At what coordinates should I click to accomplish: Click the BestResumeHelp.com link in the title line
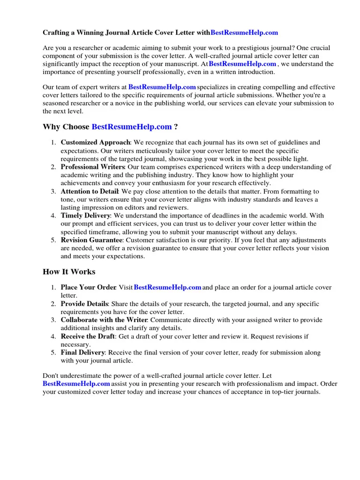(x=244, y=33)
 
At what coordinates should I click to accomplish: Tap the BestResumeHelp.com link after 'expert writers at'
(x=162, y=87)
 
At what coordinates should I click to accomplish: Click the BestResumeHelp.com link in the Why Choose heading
(x=132, y=127)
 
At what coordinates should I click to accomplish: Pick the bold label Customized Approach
(x=95, y=142)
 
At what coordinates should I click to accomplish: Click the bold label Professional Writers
(x=92, y=167)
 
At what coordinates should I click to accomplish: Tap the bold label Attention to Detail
(x=90, y=192)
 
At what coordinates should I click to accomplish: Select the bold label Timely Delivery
(x=85, y=216)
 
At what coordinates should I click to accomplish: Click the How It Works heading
(x=69, y=272)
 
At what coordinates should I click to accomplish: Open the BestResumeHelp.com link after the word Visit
(x=167, y=287)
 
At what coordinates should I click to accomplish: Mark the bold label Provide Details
(x=84, y=304)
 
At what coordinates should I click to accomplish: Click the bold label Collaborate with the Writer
(x=104, y=320)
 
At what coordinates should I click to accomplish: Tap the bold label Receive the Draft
(x=88, y=337)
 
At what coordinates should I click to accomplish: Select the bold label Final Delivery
(x=83, y=352)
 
